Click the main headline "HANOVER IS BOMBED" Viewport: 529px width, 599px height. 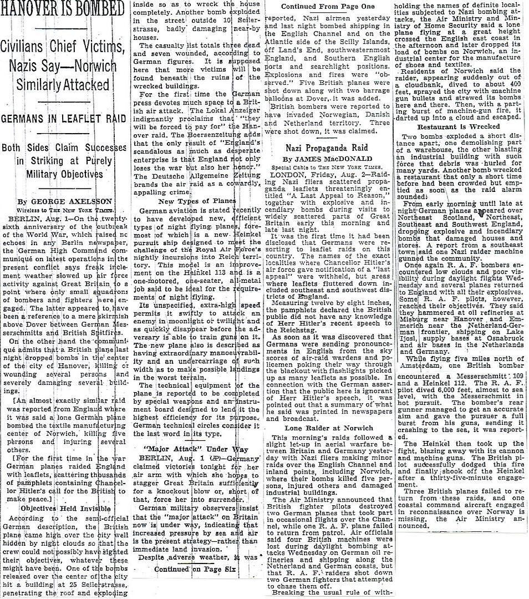click(x=62, y=9)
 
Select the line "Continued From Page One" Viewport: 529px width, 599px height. click(x=319, y=7)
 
